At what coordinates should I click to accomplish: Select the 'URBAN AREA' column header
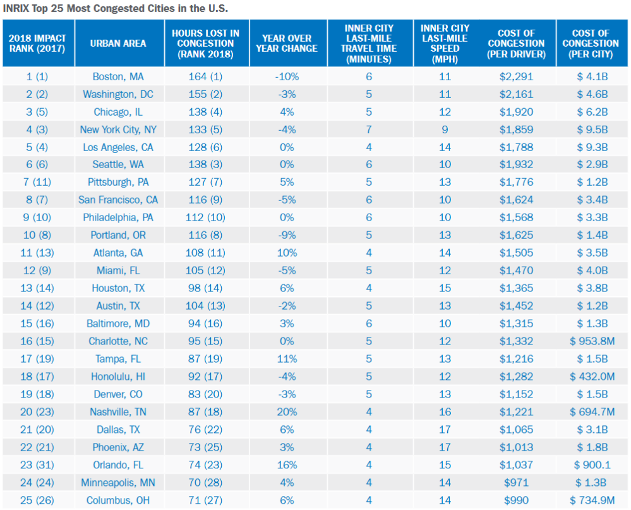pos(118,43)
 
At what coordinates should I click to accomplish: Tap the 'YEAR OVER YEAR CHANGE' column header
pos(287,43)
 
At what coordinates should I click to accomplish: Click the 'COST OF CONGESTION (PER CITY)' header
pos(591,44)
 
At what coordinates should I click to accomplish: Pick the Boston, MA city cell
pos(118,76)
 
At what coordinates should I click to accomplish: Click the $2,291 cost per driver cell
pos(516,76)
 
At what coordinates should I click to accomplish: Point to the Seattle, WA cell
pos(118,165)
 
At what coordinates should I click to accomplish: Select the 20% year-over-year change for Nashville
pos(287,412)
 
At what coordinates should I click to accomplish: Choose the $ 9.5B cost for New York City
pos(592,130)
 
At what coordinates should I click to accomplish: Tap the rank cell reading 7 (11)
pos(37,183)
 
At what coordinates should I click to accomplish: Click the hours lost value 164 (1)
pos(205,76)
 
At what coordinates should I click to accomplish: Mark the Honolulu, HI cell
pos(118,377)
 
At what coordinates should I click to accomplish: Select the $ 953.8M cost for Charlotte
pos(592,341)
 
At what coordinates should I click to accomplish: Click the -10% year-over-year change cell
pos(287,76)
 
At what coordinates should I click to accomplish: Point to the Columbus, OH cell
pos(118,501)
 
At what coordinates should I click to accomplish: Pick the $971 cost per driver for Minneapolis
pos(516,483)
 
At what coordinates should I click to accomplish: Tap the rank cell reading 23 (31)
pos(37,465)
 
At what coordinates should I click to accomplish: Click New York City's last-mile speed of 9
pos(445,130)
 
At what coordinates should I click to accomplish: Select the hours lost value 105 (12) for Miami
pos(205,270)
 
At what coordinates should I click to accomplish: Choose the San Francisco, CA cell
pos(118,200)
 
